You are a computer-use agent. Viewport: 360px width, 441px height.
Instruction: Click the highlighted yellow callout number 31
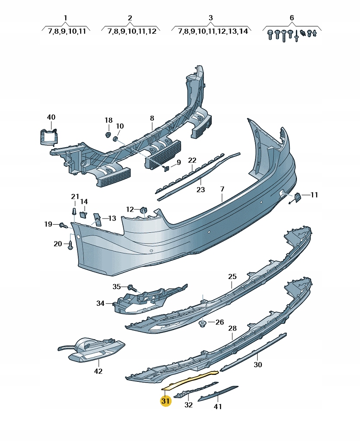166,401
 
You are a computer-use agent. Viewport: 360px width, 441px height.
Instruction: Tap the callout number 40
51,117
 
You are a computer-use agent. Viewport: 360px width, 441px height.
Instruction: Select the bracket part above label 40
48,135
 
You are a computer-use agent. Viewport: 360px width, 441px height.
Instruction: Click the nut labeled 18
108,135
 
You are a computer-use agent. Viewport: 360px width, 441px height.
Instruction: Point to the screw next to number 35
131,288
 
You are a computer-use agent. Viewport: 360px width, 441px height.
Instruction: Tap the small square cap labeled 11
298,197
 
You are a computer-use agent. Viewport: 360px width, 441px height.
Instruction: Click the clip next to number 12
143,210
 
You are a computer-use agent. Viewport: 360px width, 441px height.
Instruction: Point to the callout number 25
233,276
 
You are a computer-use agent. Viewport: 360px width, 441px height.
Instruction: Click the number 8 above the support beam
152,117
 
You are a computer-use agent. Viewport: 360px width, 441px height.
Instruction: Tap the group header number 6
292,18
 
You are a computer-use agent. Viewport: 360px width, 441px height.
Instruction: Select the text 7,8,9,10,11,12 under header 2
130,31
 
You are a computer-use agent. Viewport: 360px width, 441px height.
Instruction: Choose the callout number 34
100,303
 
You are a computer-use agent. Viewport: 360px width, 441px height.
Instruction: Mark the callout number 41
217,406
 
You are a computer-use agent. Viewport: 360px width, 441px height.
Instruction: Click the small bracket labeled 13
97,219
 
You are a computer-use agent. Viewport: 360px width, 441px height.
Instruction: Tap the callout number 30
258,365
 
